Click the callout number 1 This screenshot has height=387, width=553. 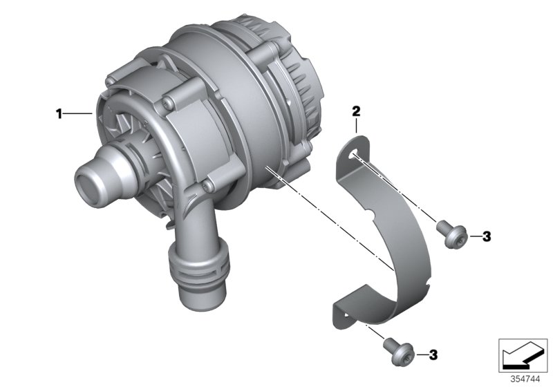coord(59,113)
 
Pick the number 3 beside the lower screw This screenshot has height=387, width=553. coord(433,355)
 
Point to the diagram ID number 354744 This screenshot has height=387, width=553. coord(526,379)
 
